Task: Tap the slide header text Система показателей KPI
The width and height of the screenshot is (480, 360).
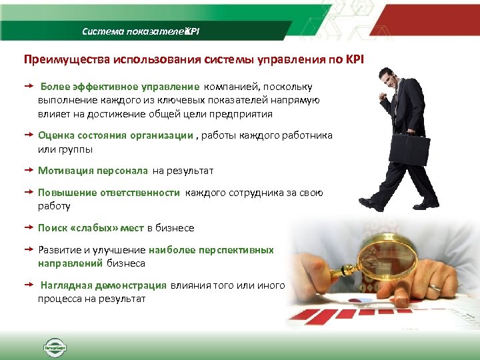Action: point(140,31)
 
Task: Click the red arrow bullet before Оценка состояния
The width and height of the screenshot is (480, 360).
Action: point(29,135)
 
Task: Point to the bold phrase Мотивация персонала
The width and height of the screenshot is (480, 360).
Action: point(93,171)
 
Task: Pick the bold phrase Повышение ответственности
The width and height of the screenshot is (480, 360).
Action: point(109,193)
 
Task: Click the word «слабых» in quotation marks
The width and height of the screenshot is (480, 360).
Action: point(98,228)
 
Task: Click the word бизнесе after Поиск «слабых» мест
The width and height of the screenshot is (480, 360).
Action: point(175,228)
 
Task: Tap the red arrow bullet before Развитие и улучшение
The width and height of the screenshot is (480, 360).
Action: point(29,250)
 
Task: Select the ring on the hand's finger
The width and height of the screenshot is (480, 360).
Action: point(434,287)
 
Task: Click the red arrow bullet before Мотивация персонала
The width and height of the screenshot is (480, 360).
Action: point(29,171)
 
